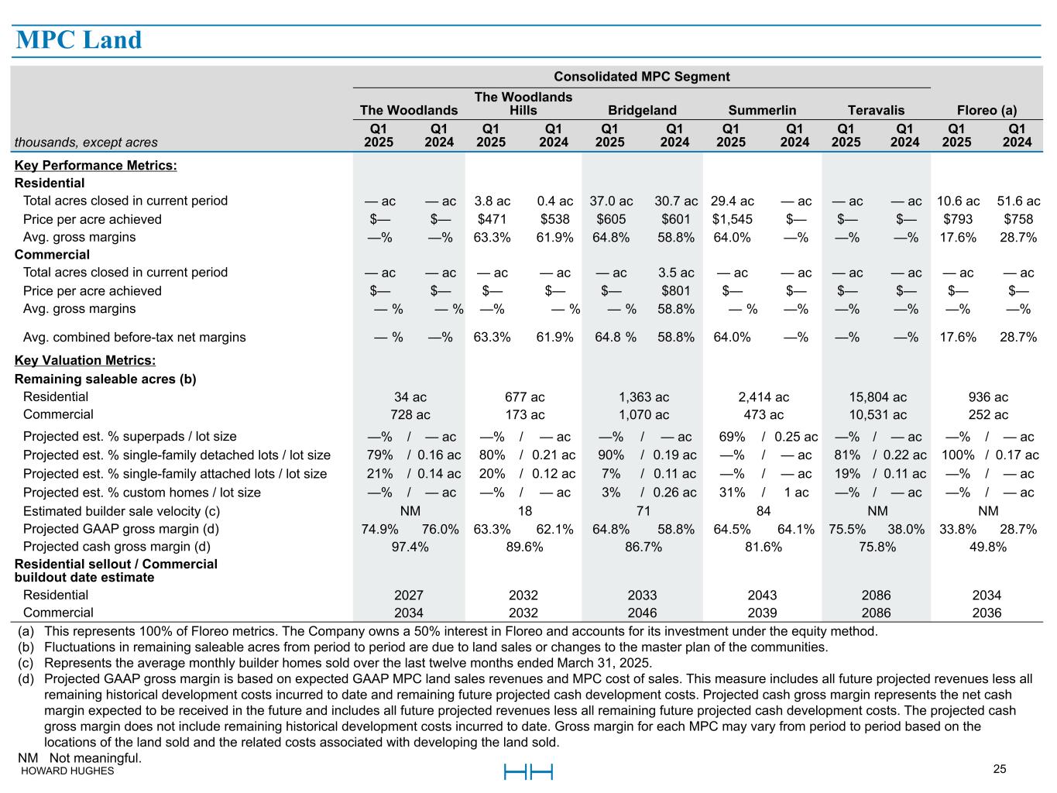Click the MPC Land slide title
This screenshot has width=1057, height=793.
tap(79, 40)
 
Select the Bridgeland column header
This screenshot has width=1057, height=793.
tap(642, 110)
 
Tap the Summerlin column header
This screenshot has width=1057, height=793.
tap(762, 110)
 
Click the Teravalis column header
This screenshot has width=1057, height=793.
tap(876, 110)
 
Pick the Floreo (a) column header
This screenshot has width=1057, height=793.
tap(987, 110)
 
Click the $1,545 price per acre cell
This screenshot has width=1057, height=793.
tap(732, 219)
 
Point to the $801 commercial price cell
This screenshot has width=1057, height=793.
tap(675, 291)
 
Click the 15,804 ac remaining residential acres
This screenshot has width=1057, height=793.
tap(877, 396)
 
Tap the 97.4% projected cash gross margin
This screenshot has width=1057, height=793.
tap(410, 547)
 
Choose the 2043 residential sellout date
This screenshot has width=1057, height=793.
tap(762, 596)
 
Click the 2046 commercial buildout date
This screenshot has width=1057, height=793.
tap(642, 613)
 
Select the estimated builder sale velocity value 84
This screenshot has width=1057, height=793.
tap(763, 511)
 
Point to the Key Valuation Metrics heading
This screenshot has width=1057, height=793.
tap(85, 360)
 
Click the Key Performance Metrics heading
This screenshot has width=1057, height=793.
tap(95, 165)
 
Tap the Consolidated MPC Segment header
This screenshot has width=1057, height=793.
tap(641, 76)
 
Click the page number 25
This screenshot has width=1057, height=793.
tap(999, 769)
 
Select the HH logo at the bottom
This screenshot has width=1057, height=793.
tap(528, 772)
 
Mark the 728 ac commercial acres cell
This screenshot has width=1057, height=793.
tap(410, 415)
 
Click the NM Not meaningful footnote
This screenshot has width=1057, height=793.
tap(80, 757)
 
